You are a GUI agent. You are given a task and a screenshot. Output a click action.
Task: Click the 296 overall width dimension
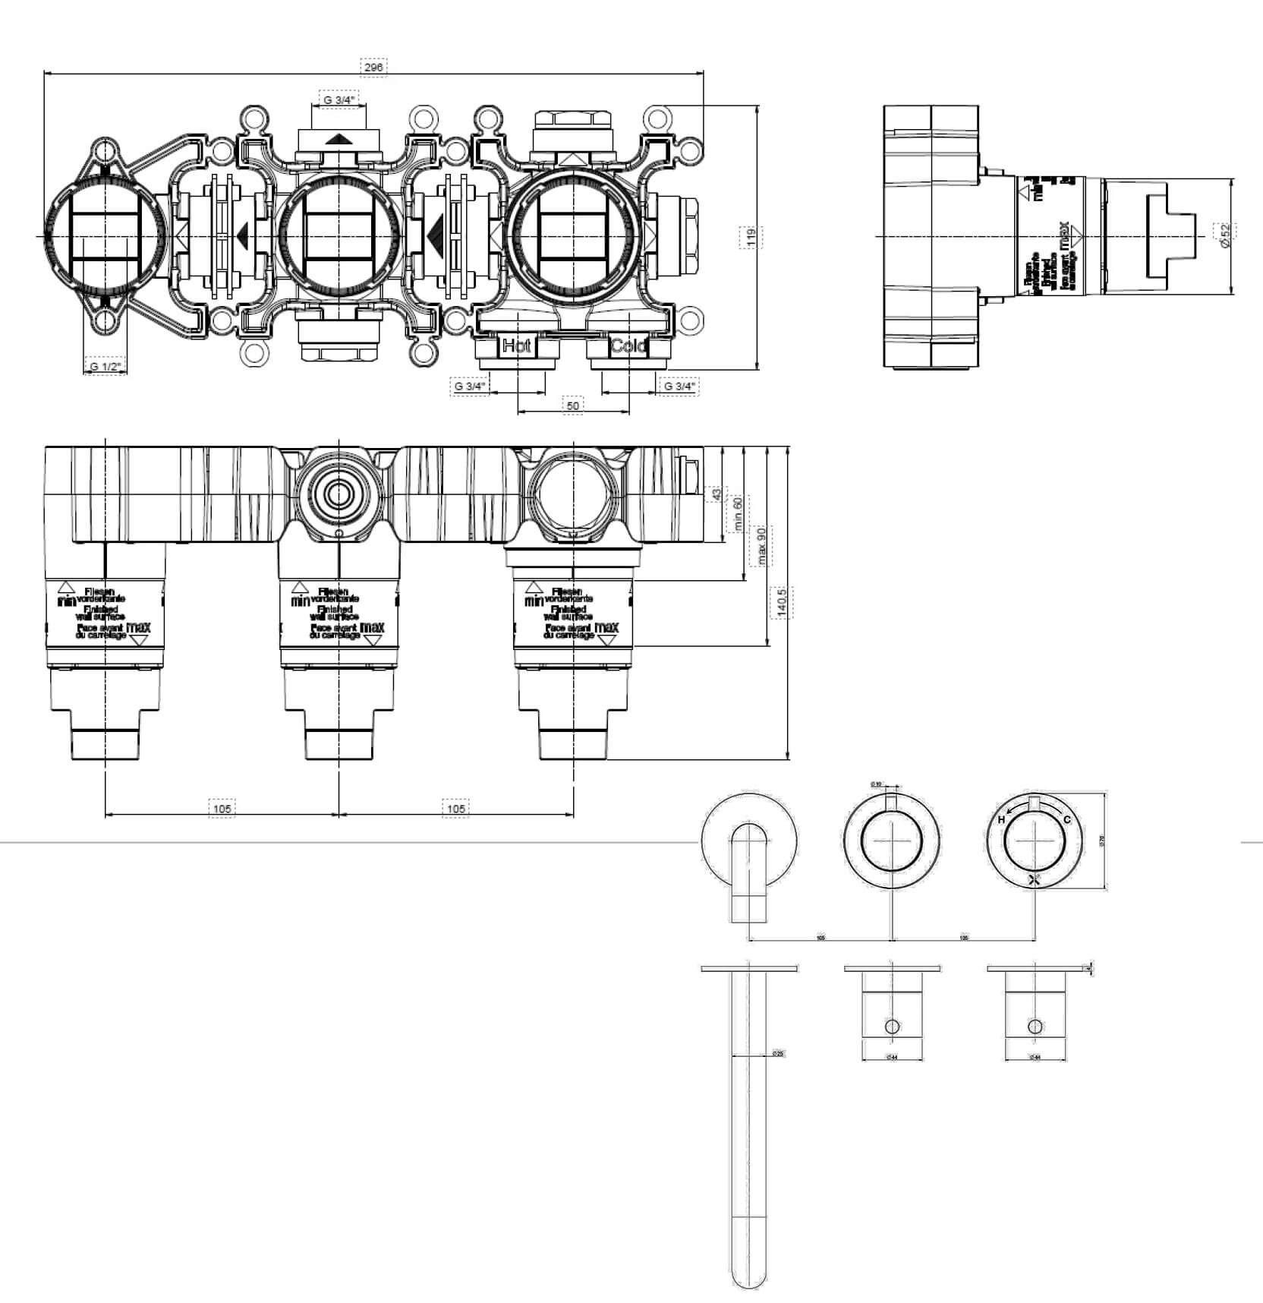(x=373, y=68)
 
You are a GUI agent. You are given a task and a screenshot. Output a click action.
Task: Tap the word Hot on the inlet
(x=517, y=347)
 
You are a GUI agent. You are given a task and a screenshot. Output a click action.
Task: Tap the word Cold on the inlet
(x=628, y=347)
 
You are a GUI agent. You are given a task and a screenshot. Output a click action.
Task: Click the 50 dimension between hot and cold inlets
(x=573, y=406)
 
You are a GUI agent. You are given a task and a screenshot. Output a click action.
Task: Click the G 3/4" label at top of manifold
(x=339, y=99)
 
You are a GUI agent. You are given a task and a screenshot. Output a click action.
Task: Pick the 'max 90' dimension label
(x=761, y=545)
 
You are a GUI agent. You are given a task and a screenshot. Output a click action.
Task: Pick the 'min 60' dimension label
(x=737, y=513)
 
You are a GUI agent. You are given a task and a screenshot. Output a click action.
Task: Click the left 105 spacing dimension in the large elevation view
(x=222, y=809)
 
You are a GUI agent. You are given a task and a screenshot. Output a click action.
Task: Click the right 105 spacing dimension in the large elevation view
(x=455, y=809)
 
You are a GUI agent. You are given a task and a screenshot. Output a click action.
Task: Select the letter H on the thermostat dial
(x=1002, y=820)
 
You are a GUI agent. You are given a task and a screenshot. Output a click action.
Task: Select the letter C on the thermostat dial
(x=1066, y=819)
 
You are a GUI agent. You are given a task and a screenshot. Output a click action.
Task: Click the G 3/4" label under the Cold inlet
(x=679, y=386)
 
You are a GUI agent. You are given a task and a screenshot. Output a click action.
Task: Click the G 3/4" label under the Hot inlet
(x=469, y=386)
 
